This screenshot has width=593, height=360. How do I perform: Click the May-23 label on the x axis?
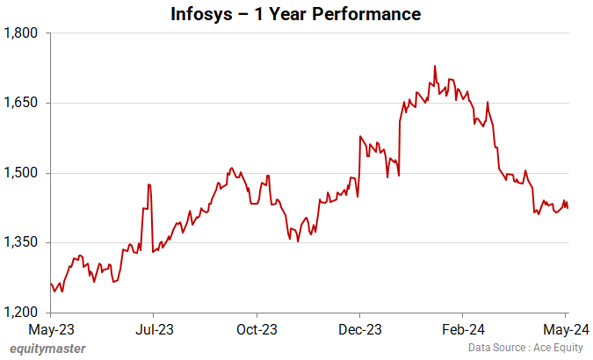click(50, 330)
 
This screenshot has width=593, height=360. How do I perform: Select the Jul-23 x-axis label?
click(153, 330)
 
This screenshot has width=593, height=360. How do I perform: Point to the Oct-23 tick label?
click(257, 330)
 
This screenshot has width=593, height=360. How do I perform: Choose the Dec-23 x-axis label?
click(359, 330)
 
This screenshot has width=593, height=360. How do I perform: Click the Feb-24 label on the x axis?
click(462, 330)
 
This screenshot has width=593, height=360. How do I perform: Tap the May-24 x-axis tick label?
click(566, 330)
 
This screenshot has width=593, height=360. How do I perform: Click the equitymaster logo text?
click(48, 349)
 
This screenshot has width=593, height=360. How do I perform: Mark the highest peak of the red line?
click(435, 66)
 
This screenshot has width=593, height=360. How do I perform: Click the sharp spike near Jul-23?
click(149, 184)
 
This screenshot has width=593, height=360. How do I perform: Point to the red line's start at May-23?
click(50, 283)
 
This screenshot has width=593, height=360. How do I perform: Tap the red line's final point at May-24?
click(567, 208)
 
